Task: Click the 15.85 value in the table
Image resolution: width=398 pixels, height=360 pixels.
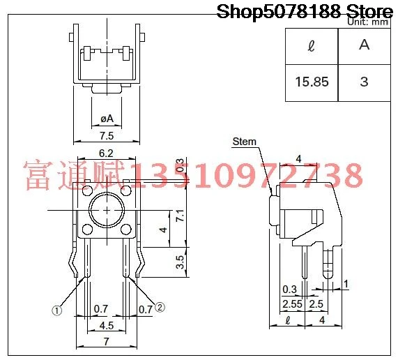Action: [312, 82]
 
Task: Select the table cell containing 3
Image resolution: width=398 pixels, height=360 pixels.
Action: [365, 82]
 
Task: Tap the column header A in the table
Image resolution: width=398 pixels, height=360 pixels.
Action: [365, 46]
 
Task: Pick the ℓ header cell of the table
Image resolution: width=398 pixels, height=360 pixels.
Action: [311, 47]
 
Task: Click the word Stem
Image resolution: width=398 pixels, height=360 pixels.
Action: [245, 142]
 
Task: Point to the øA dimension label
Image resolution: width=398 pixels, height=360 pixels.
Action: [107, 119]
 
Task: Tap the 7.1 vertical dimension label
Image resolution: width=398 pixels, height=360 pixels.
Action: [181, 216]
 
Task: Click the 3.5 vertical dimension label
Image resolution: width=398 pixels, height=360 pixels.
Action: [180, 262]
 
